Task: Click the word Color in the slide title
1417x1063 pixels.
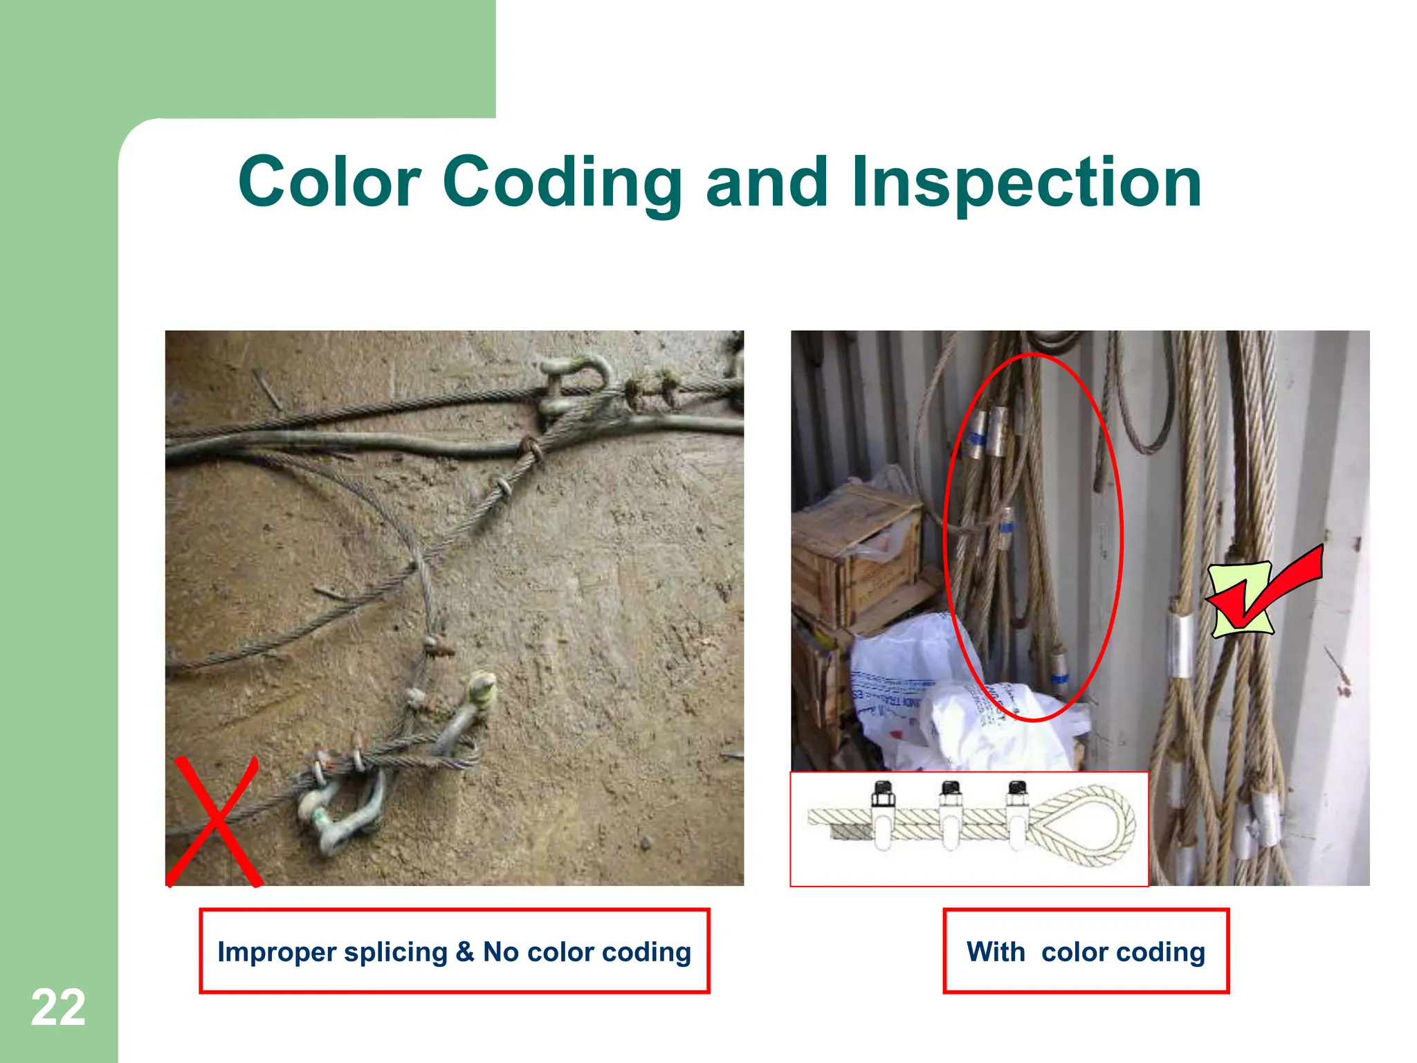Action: tap(329, 182)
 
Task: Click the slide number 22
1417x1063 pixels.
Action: tap(58, 1008)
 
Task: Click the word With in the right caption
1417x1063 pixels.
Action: tap(996, 952)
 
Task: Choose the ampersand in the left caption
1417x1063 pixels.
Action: tap(464, 952)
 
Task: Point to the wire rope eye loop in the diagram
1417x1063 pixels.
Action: tap(1084, 825)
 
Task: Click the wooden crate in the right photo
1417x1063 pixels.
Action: tap(858, 554)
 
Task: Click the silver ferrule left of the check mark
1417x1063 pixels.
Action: tap(1180, 644)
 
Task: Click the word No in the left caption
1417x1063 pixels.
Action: tap(500, 952)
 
